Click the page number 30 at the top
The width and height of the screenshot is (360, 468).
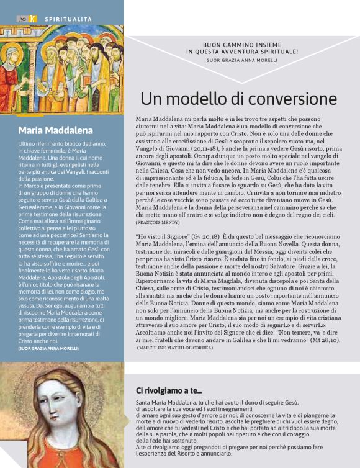point(21,20)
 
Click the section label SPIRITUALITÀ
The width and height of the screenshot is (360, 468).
point(68,20)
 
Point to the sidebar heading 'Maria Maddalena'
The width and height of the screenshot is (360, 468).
point(56,130)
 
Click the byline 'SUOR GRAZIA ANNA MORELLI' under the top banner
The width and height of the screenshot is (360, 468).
point(241,61)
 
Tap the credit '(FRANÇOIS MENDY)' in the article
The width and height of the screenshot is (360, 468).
point(158,221)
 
